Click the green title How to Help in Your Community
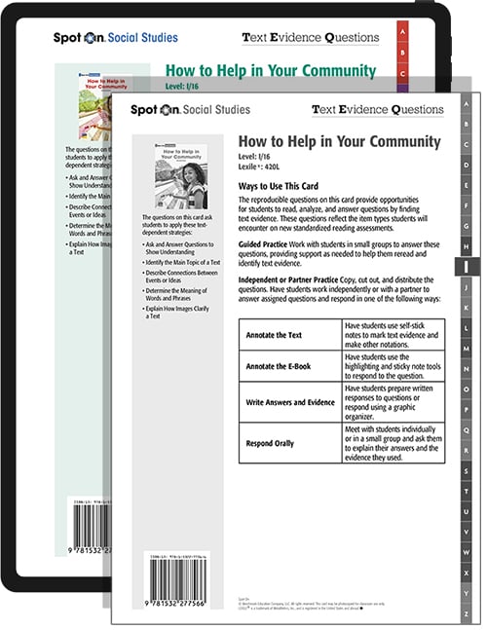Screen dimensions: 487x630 [270, 71]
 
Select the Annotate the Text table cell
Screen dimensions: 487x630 [279, 334]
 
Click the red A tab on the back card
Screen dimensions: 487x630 [402, 32]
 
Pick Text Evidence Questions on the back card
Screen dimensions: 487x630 [311, 38]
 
